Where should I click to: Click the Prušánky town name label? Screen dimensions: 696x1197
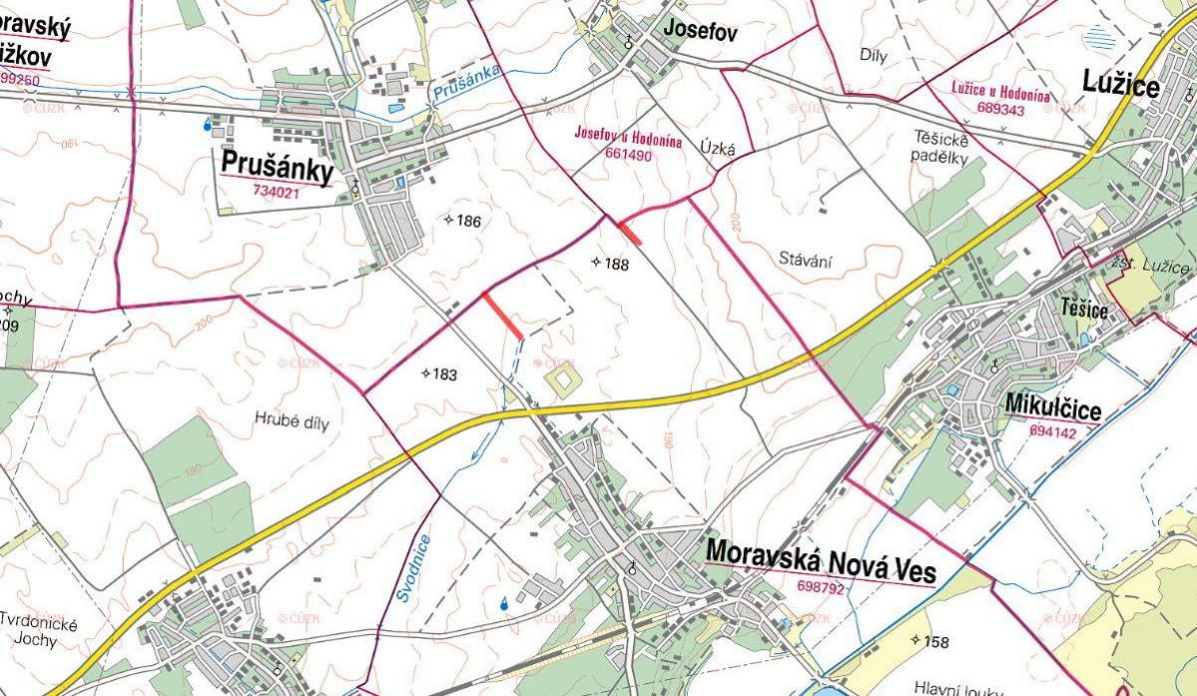277,168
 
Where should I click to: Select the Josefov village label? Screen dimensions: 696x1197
701,33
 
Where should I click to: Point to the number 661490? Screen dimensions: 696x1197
628,155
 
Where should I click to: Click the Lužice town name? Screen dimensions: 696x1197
1121,87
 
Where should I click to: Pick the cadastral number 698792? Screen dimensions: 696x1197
821,588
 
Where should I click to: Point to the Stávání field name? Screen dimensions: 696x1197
806,261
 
